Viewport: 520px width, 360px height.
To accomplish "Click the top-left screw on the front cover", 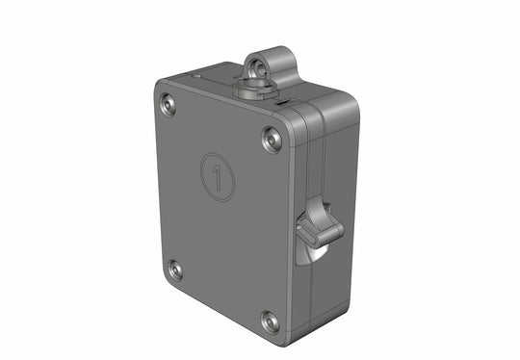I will coord(170,103).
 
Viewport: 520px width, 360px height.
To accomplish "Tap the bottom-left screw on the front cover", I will coord(175,270).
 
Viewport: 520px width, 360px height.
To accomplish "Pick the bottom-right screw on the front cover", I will coord(271,321).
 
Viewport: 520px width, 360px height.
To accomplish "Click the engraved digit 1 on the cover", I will coord(221,176).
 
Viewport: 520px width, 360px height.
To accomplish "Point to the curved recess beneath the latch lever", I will coord(314,253).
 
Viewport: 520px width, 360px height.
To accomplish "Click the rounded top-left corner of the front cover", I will coord(160,90).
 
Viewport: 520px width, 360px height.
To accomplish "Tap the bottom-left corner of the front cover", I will coord(165,279).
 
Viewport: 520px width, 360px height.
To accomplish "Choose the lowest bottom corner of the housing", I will coord(279,339).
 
